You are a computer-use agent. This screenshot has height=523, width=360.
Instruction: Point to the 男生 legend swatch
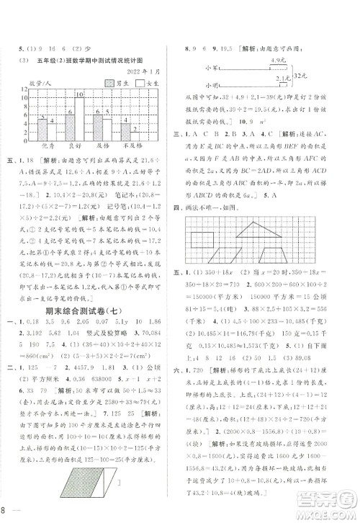click(109, 84)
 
